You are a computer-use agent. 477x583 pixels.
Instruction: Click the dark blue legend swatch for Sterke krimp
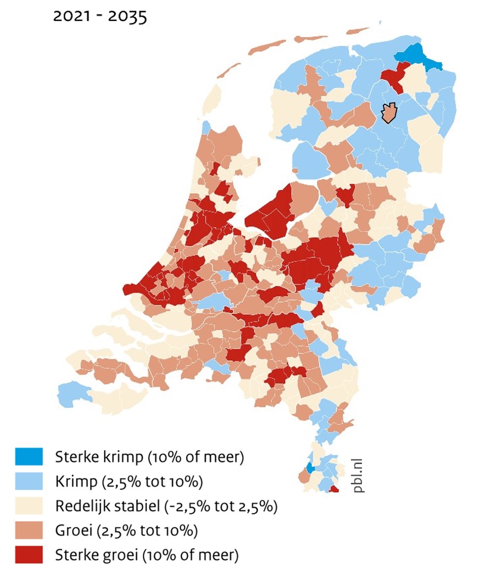(30, 457)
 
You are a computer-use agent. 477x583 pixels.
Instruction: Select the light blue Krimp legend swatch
(30, 481)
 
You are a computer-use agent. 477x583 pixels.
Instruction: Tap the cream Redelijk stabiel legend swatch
(30, 506)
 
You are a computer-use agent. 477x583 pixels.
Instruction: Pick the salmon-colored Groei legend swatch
(30, 530)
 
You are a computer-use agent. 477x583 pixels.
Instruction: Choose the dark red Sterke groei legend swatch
(30, 554)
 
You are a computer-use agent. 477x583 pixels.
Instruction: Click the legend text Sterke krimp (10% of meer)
(150, 457)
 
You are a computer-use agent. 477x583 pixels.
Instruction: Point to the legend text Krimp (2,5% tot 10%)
(128, 482)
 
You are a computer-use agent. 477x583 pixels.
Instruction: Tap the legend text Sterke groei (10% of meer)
(147, 555)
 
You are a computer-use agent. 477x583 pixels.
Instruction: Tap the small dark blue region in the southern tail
(310, 467)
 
